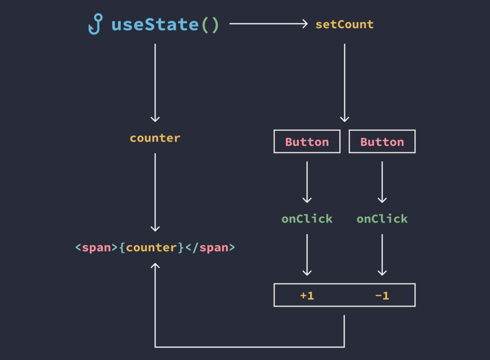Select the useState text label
(x=155, y=24)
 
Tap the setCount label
(x=345, y=24)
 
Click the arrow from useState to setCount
(x=268, y=24)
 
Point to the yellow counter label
(x=155, y=138)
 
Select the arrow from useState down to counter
(x=155, y=83)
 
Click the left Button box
(x=307, y=142)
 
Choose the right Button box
(x=382, y=142)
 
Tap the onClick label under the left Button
(x=307, y=219)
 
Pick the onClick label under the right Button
(x=382, y=219)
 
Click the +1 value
(x=307, y=296)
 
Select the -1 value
(x=382, y=296)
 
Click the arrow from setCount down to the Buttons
(x=345, y=83)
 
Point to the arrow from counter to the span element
(x=155, y=192)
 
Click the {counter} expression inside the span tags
(x=151, y=247)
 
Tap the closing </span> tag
(x=210, y=247)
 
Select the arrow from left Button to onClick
(x=307, y=182)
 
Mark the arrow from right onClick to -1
(x=382, y=255)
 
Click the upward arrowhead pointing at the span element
(x=155, y=265)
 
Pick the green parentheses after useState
(x=210, y=25)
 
